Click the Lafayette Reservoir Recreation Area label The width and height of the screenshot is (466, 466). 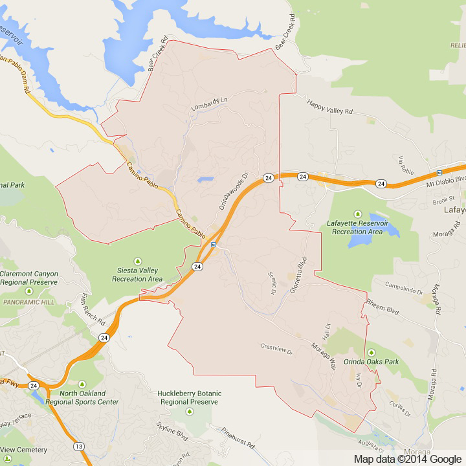[357, 227]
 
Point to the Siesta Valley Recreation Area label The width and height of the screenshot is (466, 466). [137, 274]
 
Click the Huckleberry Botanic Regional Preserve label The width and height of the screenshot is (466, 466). [190, 397]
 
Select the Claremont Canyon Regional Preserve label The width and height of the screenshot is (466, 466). [29, 278]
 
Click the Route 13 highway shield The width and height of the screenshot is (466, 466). [78, 446]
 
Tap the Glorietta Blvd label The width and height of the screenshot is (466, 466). [302, 263]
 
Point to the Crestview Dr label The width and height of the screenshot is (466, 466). [277, 349]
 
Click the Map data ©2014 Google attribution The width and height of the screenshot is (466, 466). [408, 459]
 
